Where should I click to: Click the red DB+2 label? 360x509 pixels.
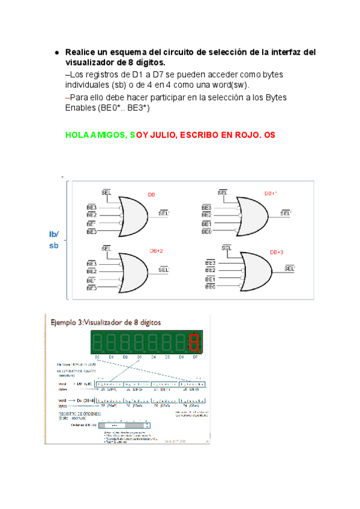156,250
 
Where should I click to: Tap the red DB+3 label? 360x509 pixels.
276,252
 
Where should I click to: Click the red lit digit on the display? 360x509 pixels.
194,343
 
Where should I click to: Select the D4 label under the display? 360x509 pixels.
154,357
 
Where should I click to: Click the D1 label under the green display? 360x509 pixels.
111,357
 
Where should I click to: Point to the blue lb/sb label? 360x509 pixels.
54,240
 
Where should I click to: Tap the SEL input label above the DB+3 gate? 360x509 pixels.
227,248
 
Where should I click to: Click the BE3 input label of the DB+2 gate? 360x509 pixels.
92,264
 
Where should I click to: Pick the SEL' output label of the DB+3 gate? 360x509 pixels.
290,268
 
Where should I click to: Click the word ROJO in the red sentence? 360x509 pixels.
247,136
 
